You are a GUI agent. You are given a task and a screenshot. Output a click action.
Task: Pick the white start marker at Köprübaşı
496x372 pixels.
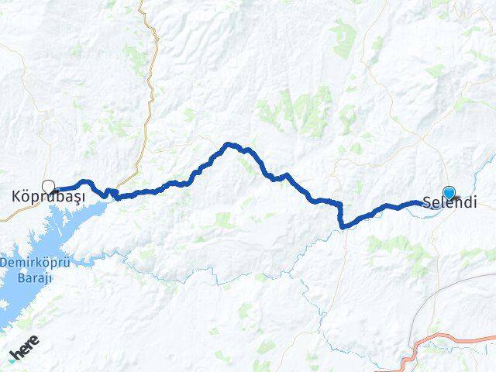(x=49, y=186)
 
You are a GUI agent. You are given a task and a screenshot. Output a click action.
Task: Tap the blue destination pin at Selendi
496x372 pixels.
(x=449, y=194)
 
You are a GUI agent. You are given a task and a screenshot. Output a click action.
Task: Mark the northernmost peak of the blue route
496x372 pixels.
(x=229, y=144)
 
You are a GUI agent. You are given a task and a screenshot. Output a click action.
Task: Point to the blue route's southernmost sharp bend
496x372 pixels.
(x=342, y=226)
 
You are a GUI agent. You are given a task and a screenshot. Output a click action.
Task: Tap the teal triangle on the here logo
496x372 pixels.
(x=12, y=359)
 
